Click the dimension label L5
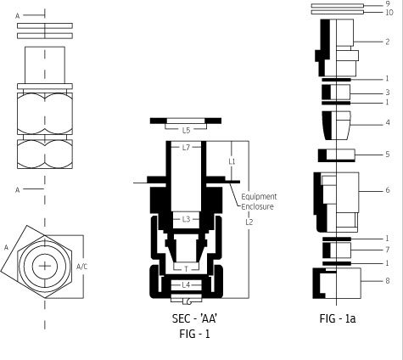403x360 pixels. [186, 130]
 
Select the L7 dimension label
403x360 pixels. [186, 148]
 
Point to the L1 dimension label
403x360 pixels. [232, 161]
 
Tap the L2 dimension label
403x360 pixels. [249, 222]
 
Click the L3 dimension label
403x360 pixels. [186, 219]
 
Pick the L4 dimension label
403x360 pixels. [186, 285]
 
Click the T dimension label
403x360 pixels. [186, 269]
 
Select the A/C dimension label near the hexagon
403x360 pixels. [82, 267]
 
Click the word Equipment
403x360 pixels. [259, 197]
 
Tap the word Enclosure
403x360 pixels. [257, 206]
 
